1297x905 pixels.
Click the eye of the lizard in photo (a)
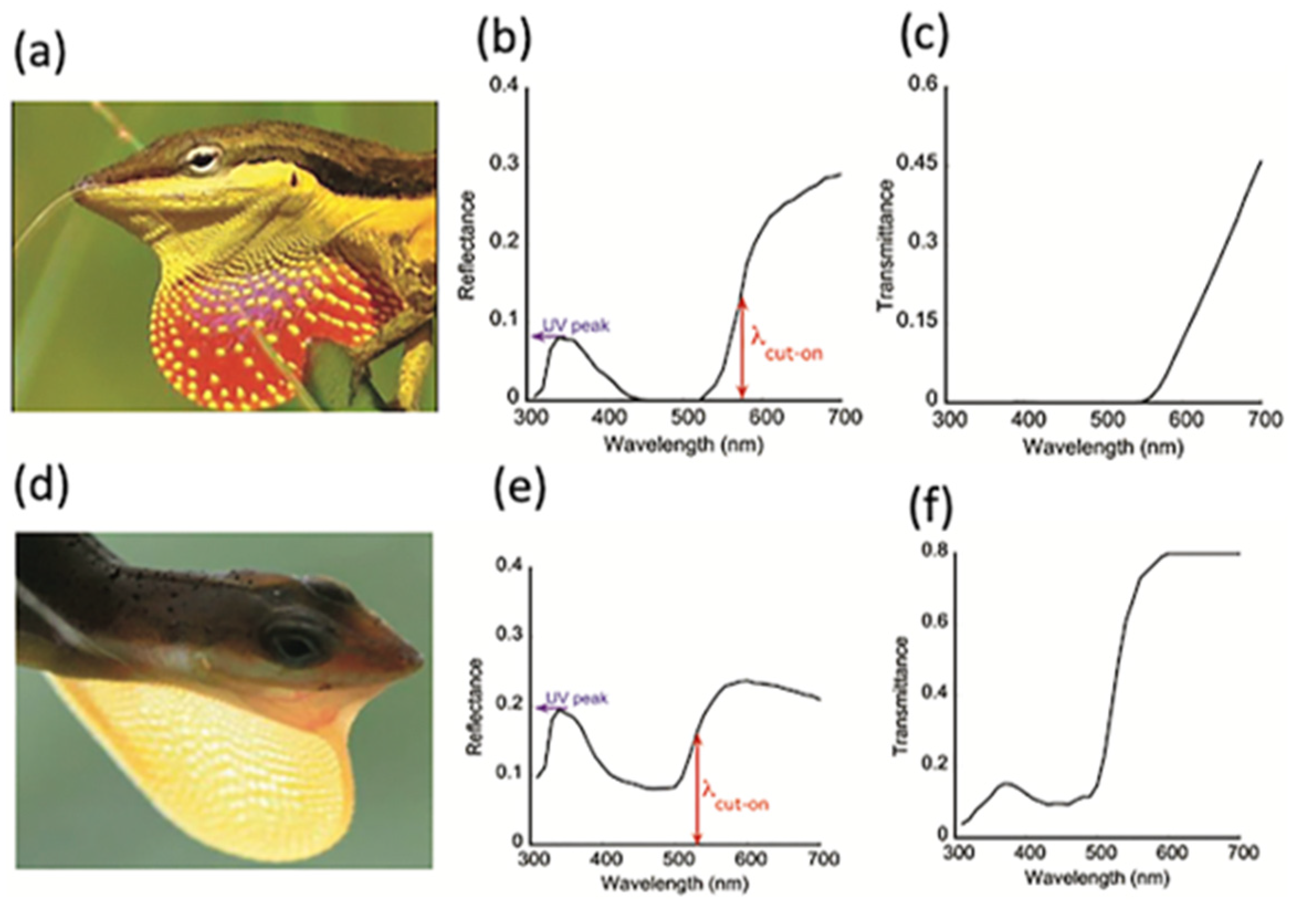[202, 159]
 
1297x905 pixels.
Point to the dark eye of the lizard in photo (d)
[295, 645]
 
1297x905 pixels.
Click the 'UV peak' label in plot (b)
[576, 326]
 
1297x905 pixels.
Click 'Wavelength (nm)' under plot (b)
[683, 444]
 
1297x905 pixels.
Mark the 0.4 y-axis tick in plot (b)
[505, 86]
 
